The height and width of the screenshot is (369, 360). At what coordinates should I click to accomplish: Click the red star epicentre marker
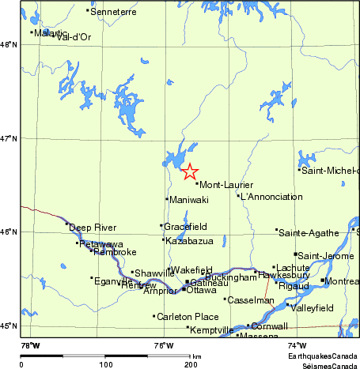(189, 171)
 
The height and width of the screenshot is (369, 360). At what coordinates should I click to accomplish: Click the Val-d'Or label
(74, 37)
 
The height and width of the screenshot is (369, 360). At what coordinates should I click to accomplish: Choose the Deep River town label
(92, 228)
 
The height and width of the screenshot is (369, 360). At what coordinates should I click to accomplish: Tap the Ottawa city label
(201, 290)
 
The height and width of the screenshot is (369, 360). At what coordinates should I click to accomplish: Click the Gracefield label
(186, 227)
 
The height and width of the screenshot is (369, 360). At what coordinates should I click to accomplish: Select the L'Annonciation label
(271, 197)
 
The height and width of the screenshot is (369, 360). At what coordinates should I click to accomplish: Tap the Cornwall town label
(269, 326)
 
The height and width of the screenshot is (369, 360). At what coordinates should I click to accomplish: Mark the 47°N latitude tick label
(9, 139)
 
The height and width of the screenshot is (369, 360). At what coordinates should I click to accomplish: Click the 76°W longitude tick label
(164, 345)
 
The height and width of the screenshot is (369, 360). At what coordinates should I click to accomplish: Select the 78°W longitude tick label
(30, 345)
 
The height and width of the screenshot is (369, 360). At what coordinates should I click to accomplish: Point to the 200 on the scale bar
(190, 365)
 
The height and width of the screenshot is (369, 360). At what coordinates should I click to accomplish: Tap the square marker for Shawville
(132, 272)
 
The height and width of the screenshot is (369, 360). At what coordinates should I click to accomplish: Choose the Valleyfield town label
(313, 307)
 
